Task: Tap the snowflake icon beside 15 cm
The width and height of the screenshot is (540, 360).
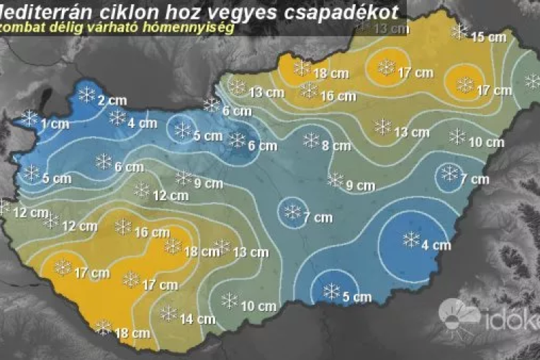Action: click(459, 32)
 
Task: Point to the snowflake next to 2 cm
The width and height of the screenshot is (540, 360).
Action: click(87, 94)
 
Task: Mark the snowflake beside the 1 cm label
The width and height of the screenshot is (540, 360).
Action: click(30, 118)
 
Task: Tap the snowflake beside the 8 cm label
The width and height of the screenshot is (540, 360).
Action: click(312, 140)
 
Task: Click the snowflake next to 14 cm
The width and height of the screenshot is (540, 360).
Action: click(168, 313)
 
